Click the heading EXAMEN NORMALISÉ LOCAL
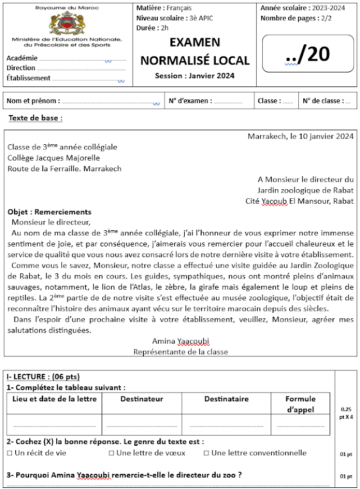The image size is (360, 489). point(195,52)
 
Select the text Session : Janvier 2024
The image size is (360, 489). point(195,76)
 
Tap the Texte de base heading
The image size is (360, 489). point(35,118)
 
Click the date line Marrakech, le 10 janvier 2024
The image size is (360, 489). point(300,136)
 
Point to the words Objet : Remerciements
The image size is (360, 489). point(49,212)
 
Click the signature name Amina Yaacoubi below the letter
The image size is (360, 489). point(181,341)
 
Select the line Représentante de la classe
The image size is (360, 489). point(181,351)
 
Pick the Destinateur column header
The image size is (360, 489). point(142,399)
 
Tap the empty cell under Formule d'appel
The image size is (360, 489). point(300,424)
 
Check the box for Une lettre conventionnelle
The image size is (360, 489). point(207,453)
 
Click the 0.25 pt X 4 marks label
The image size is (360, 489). point(346,413)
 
